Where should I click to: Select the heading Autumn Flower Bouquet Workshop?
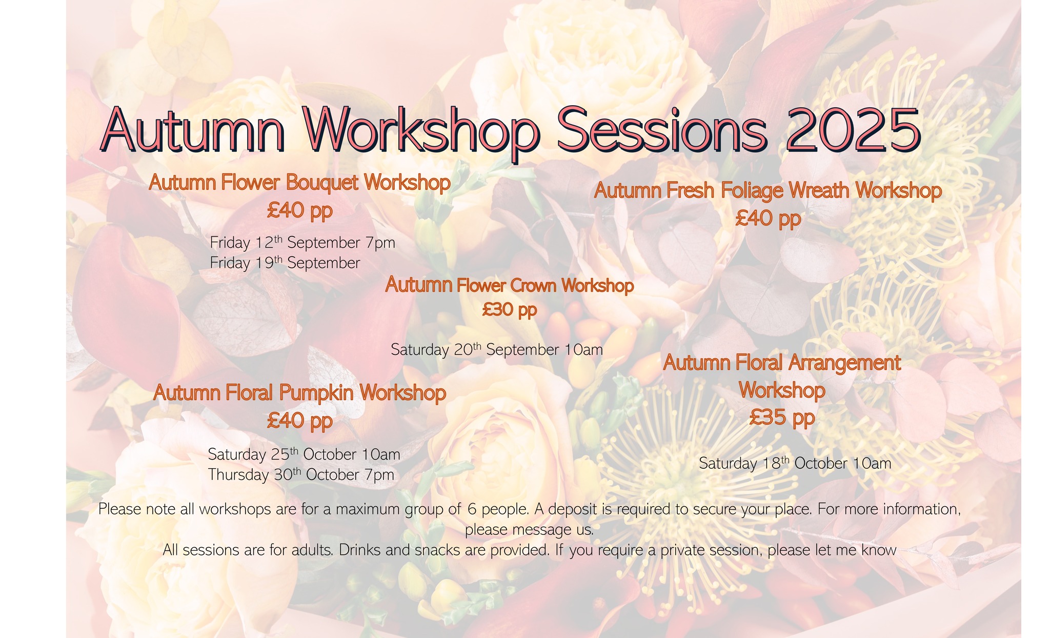coord(299,183)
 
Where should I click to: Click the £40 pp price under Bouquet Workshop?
coord(299,210)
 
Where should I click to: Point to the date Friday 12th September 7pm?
coord(302,243)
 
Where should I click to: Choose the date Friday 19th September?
coord(285,263)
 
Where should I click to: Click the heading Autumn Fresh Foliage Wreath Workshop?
coord(768,191)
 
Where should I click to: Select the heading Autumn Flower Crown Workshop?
coord(509,285)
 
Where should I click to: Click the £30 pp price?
coord(509,310)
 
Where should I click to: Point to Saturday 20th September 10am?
coord(496,350)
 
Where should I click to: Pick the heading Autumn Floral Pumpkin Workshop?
coord(299,393)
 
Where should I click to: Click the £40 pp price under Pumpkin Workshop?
coord(299,421)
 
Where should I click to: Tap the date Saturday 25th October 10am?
coord(304,454)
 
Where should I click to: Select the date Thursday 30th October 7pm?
coord(301,475)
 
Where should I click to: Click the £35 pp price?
coord(781,417)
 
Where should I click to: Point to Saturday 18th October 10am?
coord(795,464)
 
